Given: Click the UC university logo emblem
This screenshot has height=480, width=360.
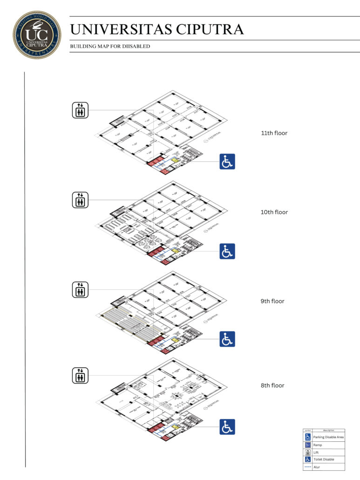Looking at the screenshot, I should (37, 34).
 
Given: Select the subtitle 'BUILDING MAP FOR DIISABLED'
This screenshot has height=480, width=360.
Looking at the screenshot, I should (110, 47).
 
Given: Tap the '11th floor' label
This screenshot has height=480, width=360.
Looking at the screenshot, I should (274, 133).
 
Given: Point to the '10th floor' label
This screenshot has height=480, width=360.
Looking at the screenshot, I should (274, 212).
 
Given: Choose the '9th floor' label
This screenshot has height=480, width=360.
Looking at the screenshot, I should (272, 302).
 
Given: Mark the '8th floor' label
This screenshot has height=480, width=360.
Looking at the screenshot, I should (272, 385).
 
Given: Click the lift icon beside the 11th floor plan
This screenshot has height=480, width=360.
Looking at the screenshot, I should (80, 110).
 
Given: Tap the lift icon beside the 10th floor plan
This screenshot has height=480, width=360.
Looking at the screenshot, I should (80, 199).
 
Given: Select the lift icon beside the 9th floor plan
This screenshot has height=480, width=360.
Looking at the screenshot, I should (80, 289).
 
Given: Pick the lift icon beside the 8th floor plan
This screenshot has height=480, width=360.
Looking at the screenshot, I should (80, 375).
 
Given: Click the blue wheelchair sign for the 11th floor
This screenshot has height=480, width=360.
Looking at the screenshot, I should (227, 161).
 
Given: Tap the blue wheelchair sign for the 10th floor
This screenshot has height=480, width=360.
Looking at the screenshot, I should (227, 251).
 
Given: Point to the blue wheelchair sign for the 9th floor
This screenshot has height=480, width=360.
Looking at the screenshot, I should (227, 339).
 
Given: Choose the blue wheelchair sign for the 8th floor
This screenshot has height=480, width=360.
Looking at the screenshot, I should (227, 427).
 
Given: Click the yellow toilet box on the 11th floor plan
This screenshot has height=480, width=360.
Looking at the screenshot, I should (175, 160).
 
